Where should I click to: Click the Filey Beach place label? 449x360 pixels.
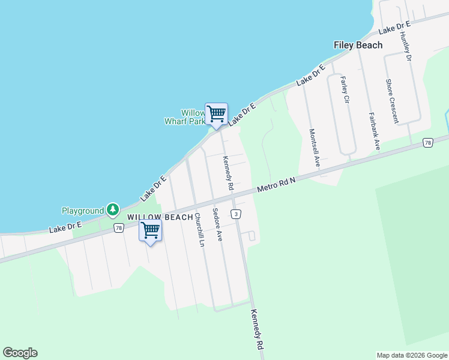(x=358, y=45)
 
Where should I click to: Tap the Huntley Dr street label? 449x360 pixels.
(x=405, y=46)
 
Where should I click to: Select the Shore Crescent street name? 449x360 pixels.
(x=392, y=101)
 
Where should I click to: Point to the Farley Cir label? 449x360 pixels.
(x=345, y=90)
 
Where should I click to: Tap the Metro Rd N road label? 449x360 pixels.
(x=277, y=183)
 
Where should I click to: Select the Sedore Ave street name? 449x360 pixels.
(x=218, y=224)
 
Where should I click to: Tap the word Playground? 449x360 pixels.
(x=83, y=211)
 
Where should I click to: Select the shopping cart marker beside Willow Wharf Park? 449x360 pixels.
(x=216, y=113)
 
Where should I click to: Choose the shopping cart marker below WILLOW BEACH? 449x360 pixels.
(x=150, y=230)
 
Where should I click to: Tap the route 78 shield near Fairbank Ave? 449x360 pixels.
(x=427, y=142)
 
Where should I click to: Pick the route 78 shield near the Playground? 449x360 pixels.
(x=118, y=228)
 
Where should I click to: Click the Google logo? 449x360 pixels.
(x=20, y=353)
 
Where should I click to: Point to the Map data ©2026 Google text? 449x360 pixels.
(x=411, y=355)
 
